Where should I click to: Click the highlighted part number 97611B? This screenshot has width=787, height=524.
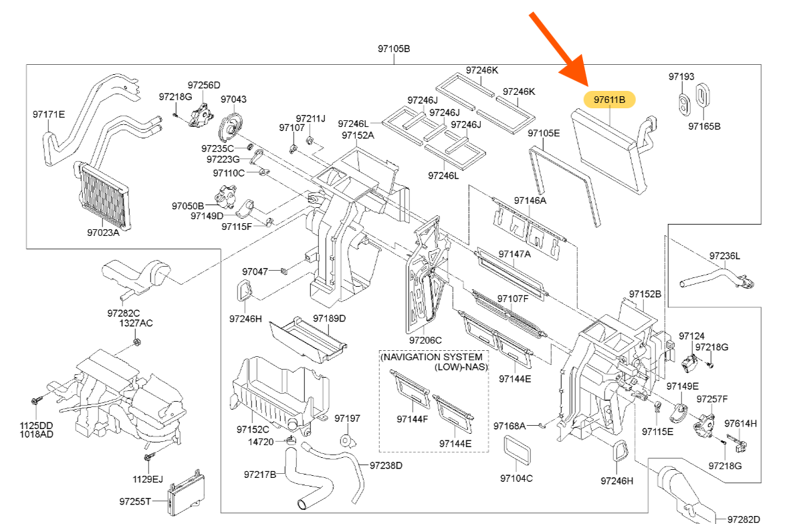pyautogui.click(x=609, y=100)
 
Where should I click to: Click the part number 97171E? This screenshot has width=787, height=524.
pyautogui.click(x=49, y=114)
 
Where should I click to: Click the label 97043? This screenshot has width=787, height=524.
pyautogui.click(x=233, y=99)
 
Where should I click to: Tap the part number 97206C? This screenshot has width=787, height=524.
pyautogui.click(x=426, y=340)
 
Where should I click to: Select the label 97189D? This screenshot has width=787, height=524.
pyautogui.click(x=330, y=317)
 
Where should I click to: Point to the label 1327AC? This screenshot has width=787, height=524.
pyautogui.click(x=136, y=323)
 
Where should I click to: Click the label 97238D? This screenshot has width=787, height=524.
pyautogui.click(x=386, y=465)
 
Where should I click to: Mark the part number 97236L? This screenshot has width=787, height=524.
pyautogui.click(x=725, y=255)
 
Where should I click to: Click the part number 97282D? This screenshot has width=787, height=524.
pyautogui.click(x=744, y=519)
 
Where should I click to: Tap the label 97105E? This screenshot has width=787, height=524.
pyautogui.click(x=544, y=133)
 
